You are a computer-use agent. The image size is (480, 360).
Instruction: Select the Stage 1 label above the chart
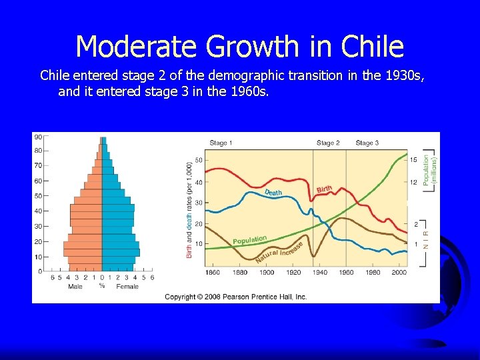pyautogui.click(x=221, y=143)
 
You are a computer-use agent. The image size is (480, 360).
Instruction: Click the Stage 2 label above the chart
pyautogui.click(x=328, y=143)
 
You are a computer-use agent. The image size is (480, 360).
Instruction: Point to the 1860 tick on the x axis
pyautogui.click(x=213, y=273)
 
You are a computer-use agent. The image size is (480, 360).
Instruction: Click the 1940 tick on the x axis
pyautogui.click(x=319, y=273)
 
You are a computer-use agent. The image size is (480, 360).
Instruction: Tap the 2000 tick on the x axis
pyautogui.click(x=399, y=273)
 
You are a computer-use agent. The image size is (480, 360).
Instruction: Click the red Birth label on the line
pyautogui.click(x=325, y=190)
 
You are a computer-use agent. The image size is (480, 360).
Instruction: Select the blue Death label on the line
pyautogui.click(x=273, y=193)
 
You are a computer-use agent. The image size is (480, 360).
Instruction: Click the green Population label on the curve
pyautogui.click(x=249, y=239)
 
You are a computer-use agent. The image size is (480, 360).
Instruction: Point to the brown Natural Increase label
pyautogui.click(x=279, y=252)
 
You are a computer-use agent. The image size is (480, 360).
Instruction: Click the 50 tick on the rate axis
pyautogui.click(x=199, y=161)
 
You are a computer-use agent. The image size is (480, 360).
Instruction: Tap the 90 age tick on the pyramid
pyautogui.click(x=39, y=137)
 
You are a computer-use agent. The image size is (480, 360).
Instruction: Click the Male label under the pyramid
pyautogui.click(x=75, y=287)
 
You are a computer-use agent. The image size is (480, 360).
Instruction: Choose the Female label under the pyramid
pyautogui.click(x=127, y=287)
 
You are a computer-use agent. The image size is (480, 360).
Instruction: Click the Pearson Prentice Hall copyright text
pyautogui.click(x=236, y=297)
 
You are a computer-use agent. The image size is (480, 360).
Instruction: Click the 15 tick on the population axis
pyautogui.click(x=413, y=160)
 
